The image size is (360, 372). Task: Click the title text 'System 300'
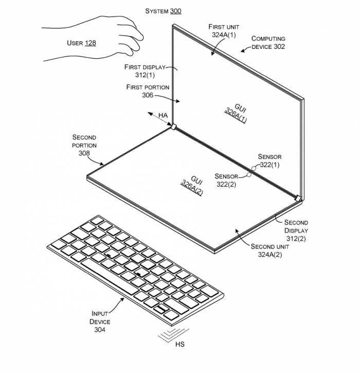163,11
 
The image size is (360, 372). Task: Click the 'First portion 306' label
148,91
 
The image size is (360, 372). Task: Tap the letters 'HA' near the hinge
163,115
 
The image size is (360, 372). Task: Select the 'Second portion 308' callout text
84,145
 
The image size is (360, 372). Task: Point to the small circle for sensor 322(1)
254,168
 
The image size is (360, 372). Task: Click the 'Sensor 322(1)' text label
269,161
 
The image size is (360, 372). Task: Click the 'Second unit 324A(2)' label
270,251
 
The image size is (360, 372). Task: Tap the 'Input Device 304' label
100,321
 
